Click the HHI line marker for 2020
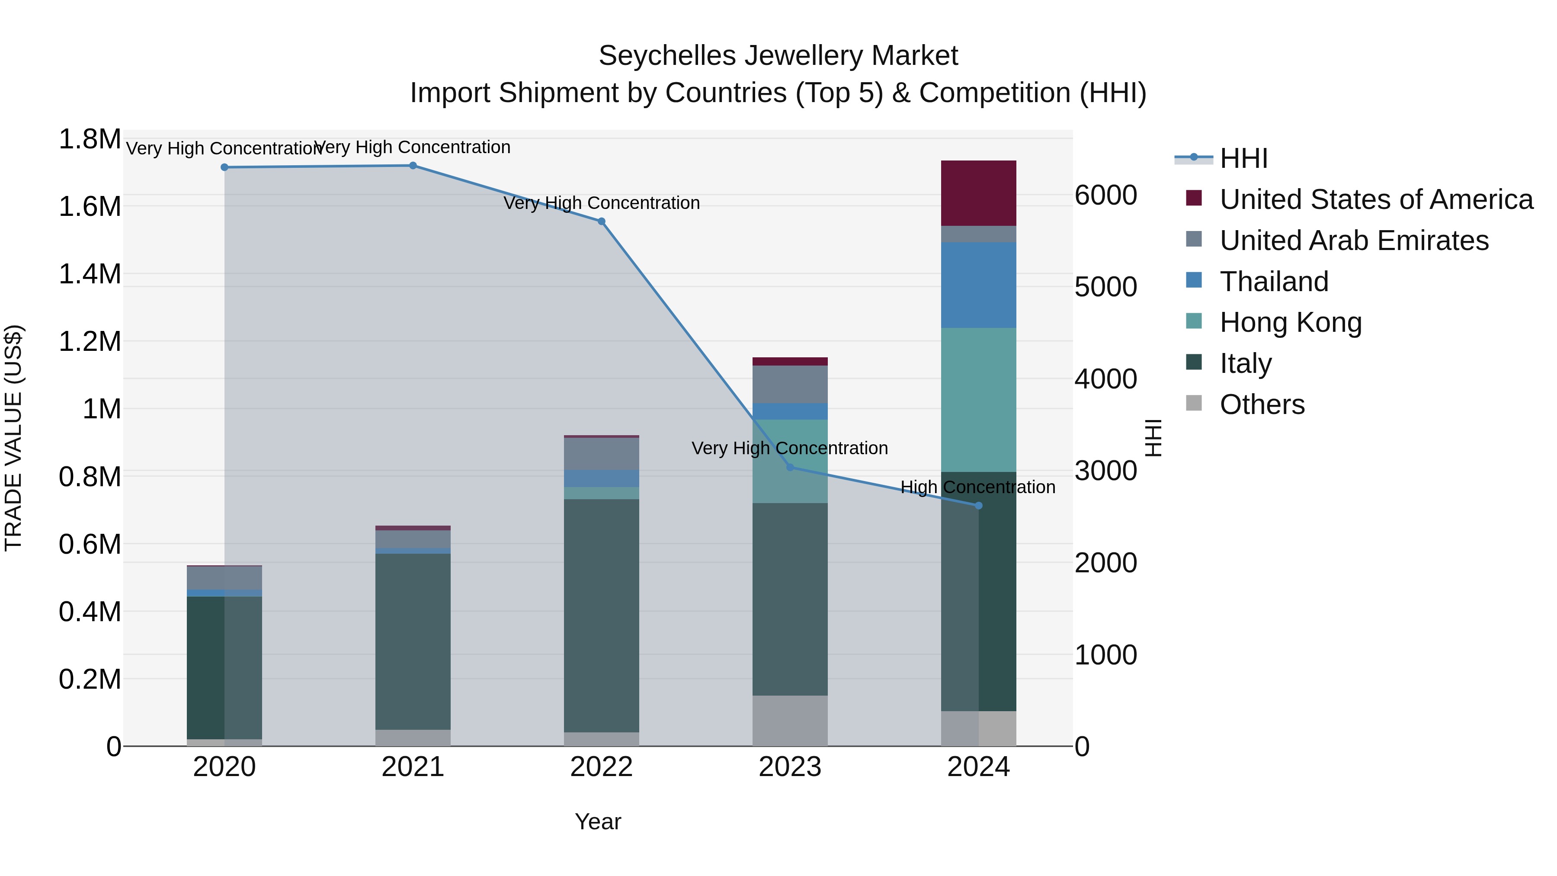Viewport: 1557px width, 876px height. (224, 167)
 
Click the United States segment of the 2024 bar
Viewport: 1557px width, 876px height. (979, 193)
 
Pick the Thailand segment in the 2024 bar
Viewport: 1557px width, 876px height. (979, 286)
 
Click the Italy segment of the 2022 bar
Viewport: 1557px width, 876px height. (602, 616)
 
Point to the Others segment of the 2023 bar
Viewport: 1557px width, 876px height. (790, 721)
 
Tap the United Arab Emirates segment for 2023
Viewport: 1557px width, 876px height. (790, 385)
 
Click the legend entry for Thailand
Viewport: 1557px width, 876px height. (1274, 282)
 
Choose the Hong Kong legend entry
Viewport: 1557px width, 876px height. (1291, 323)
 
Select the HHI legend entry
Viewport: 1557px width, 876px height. (1243, 158)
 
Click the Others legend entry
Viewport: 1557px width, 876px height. (1262, 405)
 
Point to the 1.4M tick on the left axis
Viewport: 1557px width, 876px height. (90, 274)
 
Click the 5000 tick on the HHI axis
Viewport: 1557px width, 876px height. (1105, 287)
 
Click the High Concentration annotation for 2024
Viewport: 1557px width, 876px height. (977, 487)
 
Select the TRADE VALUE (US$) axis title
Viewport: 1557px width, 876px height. (13, 438)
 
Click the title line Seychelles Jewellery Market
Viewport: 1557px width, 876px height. (778, 56)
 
